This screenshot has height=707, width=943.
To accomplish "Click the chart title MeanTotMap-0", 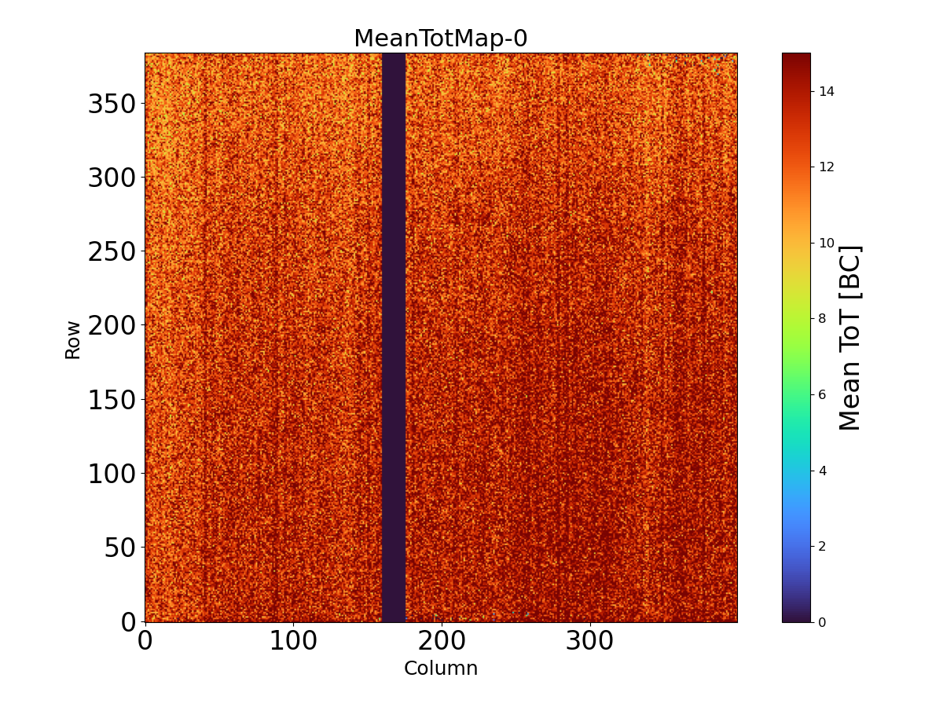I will (x=440, y=38).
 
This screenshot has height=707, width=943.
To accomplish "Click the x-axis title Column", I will (x=440, y=669).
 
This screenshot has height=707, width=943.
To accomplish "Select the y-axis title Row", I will (x=73, y=339).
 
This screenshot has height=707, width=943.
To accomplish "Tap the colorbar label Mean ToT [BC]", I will (x=850, y=338).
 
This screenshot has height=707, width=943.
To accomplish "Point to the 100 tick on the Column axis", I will (x=293, y=641).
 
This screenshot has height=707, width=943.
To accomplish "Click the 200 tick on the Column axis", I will (x=442, y=641).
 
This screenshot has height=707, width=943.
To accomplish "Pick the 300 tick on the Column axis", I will (x=590, y=641).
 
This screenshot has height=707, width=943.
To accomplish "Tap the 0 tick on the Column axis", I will (x=145, y=641).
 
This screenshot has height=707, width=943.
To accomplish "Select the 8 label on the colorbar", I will (x=822, y=318).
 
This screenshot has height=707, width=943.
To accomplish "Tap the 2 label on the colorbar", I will (x=822, y=546).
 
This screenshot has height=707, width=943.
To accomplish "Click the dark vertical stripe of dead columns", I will (x=394, y=338).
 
